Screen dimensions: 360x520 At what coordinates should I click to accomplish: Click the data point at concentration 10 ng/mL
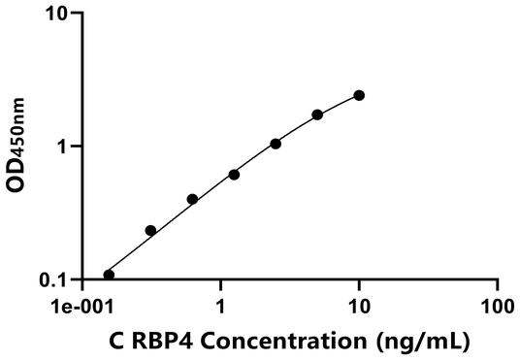[x=359, y=95]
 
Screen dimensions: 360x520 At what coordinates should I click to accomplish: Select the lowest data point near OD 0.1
[x=109, y=275]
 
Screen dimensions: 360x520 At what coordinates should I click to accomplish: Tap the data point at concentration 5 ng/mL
[x=317, y=115]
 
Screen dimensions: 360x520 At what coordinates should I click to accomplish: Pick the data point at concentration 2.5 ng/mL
[x=276, y=144]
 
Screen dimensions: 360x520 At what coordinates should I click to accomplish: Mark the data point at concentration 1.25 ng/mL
[x=234, y=175]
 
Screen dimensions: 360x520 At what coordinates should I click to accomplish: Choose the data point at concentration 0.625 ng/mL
[x=192, y=199]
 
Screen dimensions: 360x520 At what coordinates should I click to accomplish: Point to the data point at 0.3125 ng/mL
[x=150, y=230]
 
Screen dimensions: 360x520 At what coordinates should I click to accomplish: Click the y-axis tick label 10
[x=55, y=15]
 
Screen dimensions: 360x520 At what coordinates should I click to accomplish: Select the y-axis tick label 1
[x=63, y=147]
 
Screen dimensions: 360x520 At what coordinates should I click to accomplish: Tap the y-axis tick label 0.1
[x=53, y=280]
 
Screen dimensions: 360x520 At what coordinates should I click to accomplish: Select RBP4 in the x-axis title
[x=183, y=341]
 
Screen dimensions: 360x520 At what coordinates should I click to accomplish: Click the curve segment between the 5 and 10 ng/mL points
[x=339, y=104]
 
